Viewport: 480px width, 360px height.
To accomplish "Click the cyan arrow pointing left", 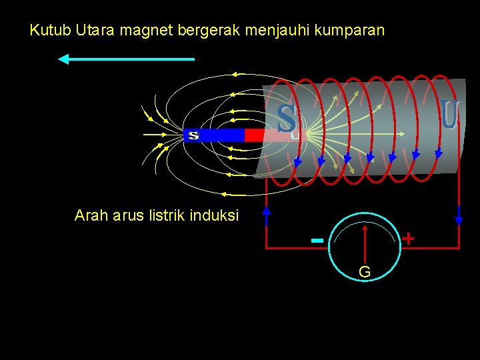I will (x=126, y=59).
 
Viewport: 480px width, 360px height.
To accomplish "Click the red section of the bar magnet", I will (x=255, y=135).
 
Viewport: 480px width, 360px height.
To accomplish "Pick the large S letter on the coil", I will (x=287, y=119).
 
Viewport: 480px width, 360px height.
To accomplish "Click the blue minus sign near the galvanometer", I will (x=317, y=239).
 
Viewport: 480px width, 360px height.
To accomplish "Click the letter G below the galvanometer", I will (x=365, y=272).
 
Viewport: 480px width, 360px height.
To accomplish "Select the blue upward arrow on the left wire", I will (x=267, y=214).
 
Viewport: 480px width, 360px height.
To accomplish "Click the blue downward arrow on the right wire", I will (x=459, y=215).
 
